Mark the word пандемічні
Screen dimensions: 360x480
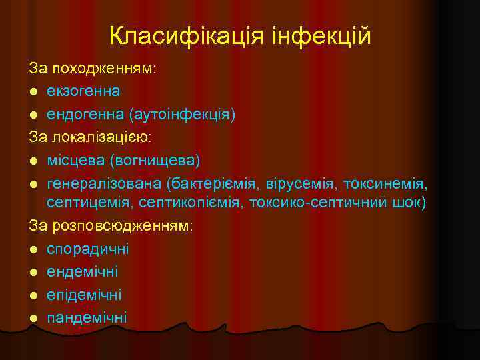[x=87, y=317]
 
